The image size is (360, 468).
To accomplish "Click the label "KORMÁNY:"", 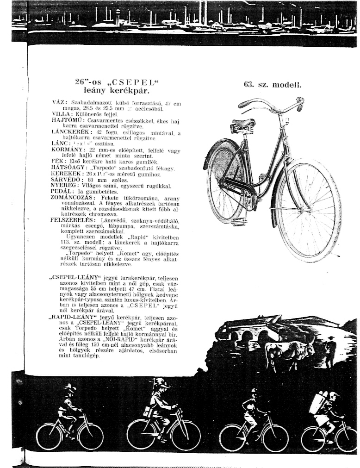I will tap(68, 150).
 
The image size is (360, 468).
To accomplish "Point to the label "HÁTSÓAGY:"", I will tap(68, 169).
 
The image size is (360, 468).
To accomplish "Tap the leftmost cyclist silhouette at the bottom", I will tap(70, 417).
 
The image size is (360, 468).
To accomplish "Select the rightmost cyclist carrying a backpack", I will tap(329, 417).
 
